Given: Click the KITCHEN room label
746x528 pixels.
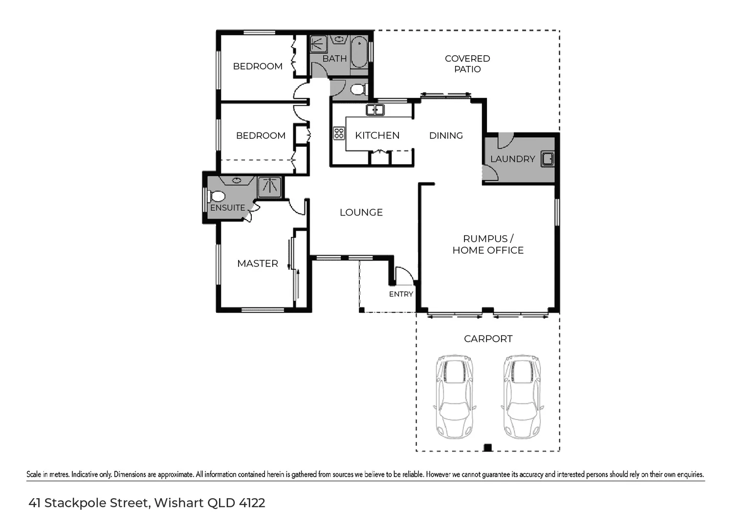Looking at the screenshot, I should [x=377, y=135].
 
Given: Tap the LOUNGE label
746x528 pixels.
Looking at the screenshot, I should [x=361, y=212].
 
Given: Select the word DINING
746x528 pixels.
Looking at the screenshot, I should [x=446, y=135].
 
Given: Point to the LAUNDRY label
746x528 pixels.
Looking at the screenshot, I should [x=512, y=159].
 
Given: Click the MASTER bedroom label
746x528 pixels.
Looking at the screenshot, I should [x=258, y=264].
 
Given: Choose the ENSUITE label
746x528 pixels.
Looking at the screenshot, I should [x=227, y=208].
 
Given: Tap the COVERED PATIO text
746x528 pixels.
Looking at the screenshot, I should [x=467, y=64].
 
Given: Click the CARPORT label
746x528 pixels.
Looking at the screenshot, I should [x=488, y=339].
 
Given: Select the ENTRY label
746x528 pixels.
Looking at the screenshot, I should [x=401, y=294].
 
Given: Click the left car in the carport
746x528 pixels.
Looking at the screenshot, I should [x=455, y=396].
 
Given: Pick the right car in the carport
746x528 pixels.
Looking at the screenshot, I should [x=522, y=396].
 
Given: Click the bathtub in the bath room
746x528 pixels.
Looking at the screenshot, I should [x=359, y=52].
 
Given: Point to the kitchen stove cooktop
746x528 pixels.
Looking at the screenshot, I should [x=339, y=133].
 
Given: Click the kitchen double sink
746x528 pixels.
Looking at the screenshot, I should [x=375, y=110].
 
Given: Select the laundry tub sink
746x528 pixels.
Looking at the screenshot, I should [x=548, y=159].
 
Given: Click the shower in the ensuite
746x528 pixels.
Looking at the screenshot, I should [x=270, y=187].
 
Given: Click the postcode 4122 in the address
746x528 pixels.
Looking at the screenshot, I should [x=252, y=503].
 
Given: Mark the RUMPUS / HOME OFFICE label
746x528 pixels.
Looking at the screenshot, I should [x=488, y=244].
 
